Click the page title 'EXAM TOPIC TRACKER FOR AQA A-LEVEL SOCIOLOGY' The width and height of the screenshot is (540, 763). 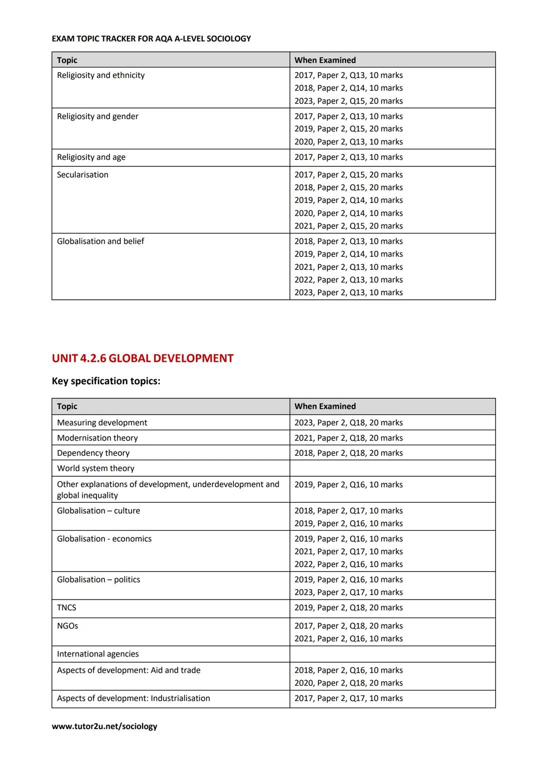pos(151,38)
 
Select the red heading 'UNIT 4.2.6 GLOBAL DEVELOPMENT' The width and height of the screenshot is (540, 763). pos(142,358)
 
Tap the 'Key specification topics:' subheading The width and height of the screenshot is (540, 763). pos(106,381)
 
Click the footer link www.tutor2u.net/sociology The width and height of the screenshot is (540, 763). pos(104,726)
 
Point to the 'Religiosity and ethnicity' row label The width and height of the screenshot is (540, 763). pos(100,75)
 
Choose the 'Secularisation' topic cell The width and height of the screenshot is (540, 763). pos(82,174)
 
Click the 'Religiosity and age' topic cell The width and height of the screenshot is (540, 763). pos(91,157)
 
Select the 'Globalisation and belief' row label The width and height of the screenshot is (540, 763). pos(100,241)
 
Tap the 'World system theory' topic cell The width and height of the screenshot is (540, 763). pos(95,468)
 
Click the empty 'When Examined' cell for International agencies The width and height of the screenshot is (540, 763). pos(392,654)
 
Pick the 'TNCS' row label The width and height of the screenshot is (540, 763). pos(66,608)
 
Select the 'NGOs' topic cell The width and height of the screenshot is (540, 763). pos(67,626)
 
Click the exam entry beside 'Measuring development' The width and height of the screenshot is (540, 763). pos(348,422)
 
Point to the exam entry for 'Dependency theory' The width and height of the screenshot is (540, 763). pos(348,453)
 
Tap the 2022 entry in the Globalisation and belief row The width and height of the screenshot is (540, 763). pos(348,280)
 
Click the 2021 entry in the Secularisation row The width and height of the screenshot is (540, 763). pos(348,226)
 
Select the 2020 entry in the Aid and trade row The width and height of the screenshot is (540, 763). pos(348,683)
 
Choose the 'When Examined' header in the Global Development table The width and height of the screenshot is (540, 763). pos(325,406)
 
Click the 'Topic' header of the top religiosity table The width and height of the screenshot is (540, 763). pos(67,60)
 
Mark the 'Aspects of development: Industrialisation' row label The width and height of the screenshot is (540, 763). pos(133,698)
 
